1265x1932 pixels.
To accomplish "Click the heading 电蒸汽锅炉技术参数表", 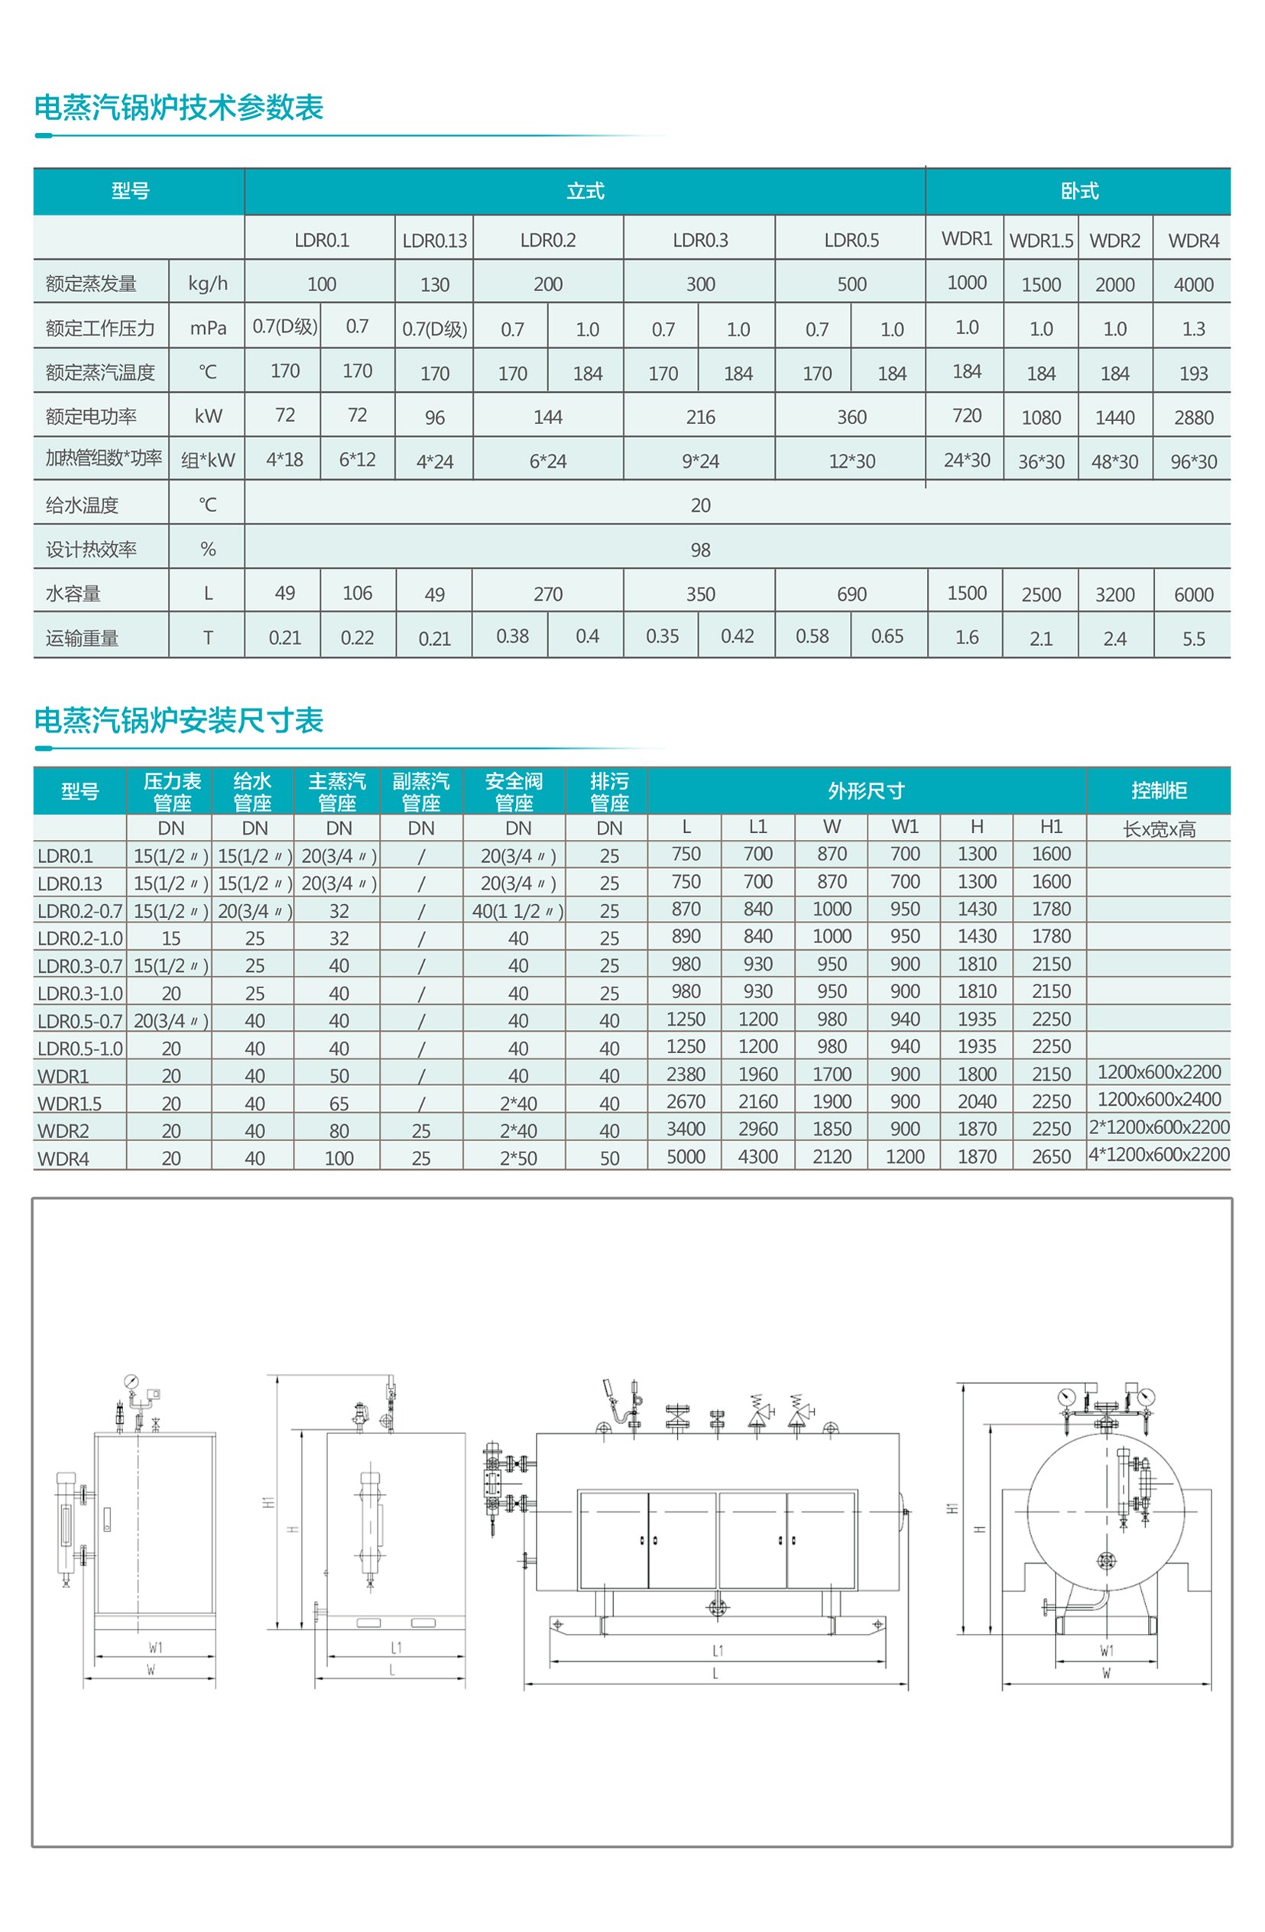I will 179,107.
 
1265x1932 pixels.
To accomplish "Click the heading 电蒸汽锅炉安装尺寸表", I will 179,720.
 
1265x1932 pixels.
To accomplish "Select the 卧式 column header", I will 1078,192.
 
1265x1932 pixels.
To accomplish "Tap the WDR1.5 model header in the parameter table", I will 1041,241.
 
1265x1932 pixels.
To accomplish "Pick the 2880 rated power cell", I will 1192,418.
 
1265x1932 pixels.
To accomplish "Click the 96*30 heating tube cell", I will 1192,462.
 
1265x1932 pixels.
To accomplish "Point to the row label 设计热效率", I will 91,549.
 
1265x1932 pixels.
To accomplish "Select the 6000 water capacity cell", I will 1192,595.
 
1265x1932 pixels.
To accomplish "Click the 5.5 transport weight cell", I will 1192,639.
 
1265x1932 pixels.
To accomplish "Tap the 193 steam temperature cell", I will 1192,374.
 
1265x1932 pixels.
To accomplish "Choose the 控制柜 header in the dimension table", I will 1159,791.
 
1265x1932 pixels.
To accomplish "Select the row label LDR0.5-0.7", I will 79,1021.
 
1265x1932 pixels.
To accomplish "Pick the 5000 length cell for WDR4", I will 686,1157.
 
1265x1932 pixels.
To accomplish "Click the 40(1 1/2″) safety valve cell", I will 517,911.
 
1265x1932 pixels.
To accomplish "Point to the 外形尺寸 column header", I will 865,791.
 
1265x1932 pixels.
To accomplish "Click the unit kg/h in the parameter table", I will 207,284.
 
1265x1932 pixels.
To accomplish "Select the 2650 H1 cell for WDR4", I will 1051,1157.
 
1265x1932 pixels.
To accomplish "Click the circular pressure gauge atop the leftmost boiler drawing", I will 131,1382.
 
